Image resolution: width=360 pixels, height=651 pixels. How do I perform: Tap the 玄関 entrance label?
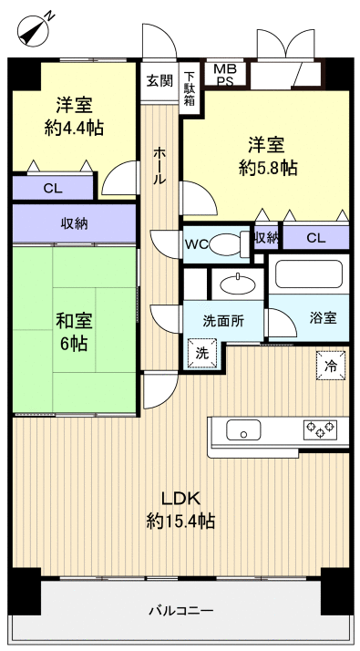(159, 80)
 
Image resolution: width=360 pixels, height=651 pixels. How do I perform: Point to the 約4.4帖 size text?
(74, 128)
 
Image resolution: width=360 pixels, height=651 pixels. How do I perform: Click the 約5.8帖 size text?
(268, 168)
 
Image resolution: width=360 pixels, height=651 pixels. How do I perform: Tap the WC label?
(197, 243)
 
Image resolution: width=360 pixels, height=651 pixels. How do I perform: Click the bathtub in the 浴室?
(308, 275)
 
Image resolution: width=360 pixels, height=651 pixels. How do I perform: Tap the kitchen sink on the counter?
(244, 430)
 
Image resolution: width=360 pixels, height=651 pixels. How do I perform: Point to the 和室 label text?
(74, 321)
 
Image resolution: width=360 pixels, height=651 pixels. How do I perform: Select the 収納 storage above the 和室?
(74, 223)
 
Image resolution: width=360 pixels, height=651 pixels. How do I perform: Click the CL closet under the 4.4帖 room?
(52, 188)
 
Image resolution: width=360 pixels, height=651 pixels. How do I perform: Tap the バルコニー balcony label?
(180, 610)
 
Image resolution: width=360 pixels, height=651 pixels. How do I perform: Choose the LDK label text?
(180, 498)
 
